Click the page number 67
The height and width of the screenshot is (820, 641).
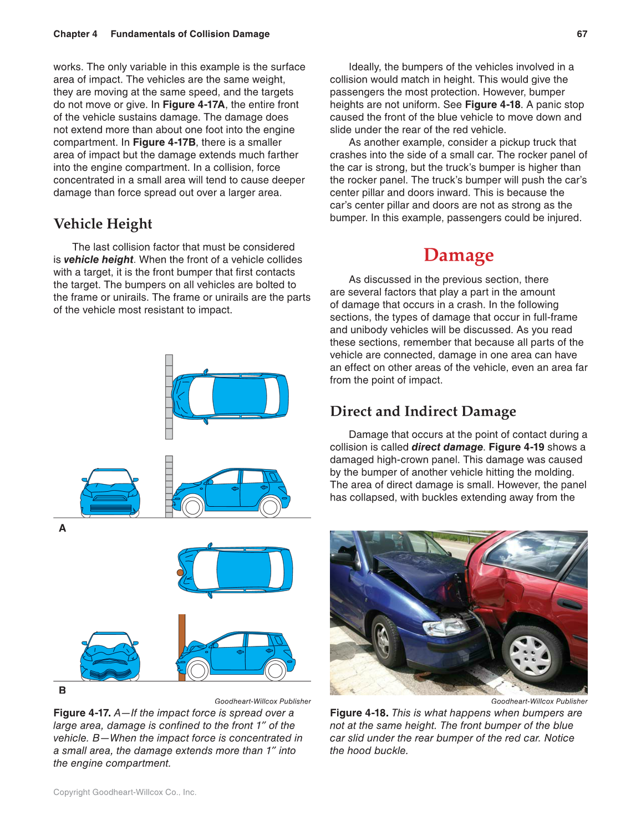[x=582, y=34]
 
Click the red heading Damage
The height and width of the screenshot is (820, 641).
[x=458, y=255]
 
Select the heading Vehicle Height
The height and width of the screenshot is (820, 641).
[x=103, y=224]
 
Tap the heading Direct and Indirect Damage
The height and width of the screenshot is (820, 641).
[x=423, y=411]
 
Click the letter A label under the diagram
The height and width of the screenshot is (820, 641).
[x=63, y=528]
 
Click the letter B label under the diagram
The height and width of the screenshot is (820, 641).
[x=63, y=690]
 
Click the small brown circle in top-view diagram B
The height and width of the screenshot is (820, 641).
[x=180, y=573]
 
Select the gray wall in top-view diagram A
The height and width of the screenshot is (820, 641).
[x=169, y=397]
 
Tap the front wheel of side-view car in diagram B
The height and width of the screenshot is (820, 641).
[x=198, y=670]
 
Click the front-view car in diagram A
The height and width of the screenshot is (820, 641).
[x=110, y=493]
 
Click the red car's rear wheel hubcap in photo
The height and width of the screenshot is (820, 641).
[x=530, y=654]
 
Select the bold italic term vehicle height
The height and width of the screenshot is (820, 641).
[x=98, y=259]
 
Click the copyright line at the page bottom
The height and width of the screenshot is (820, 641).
[x=125, y=792]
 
